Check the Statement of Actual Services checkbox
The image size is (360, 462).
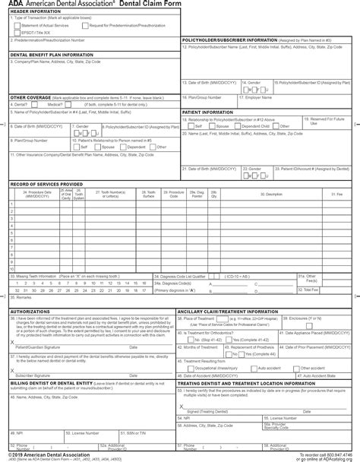coord(15,25)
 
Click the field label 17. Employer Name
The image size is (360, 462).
coord(260,97)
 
